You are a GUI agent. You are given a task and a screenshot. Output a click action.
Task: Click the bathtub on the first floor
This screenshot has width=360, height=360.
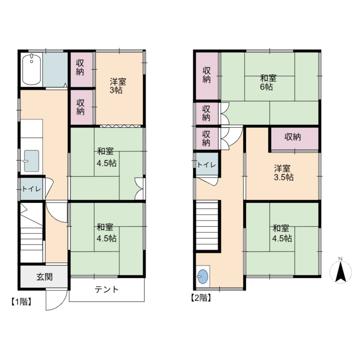[32, 69]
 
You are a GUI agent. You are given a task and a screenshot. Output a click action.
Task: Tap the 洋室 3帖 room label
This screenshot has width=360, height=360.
[118, 86]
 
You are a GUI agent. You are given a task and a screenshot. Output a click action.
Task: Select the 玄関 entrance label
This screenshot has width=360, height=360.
[45, 276]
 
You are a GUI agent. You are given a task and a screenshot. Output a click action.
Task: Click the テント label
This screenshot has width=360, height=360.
[107, 289]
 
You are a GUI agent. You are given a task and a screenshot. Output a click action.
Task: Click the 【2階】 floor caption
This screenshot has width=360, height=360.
[201, 298]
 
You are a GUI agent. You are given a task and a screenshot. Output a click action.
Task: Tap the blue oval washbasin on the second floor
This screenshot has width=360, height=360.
[203, 276]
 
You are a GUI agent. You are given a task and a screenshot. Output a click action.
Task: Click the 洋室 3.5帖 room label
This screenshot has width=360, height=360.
[283, 173]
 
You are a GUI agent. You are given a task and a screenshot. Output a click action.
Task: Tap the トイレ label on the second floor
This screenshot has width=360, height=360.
[207, 165]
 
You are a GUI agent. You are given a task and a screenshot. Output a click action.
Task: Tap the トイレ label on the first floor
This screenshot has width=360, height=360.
[31, 189]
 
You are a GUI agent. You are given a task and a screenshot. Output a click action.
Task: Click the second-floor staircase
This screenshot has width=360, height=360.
[207, 225]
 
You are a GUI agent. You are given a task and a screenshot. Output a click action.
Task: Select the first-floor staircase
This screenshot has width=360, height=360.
[32, 233]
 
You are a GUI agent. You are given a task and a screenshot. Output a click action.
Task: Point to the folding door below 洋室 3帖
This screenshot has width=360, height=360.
[120, 126]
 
